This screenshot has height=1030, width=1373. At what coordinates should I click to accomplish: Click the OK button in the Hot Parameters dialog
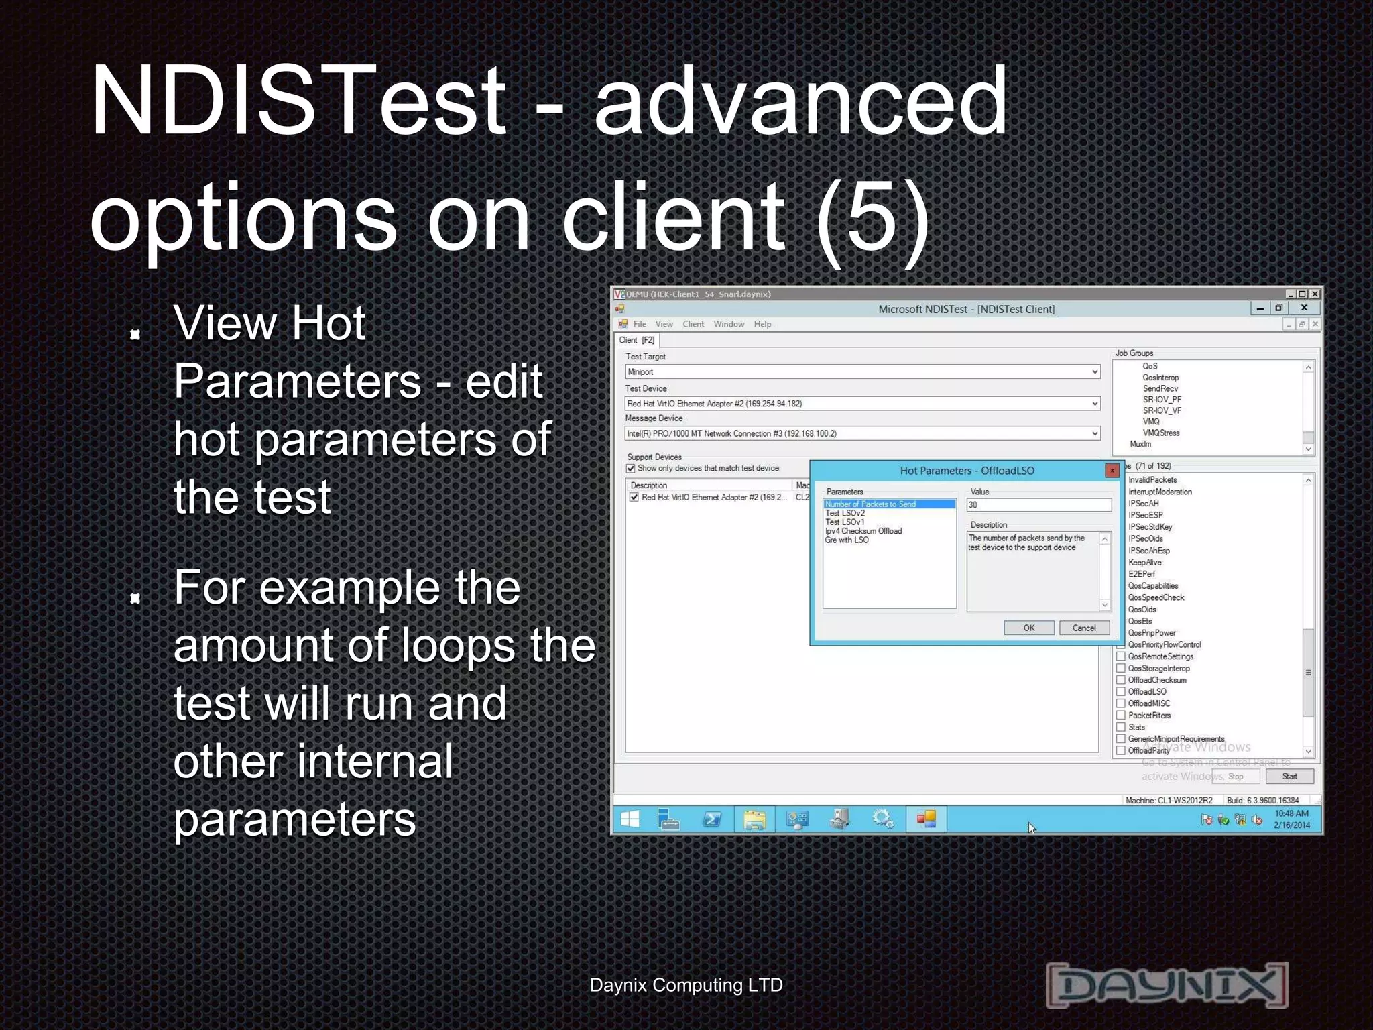click(x=1028, y=628)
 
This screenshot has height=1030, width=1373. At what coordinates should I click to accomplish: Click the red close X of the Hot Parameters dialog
click(x=1112, y=471)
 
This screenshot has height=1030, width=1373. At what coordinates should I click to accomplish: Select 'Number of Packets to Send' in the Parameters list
click(x=870, y=504)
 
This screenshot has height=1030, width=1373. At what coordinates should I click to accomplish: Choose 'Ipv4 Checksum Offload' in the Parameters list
click(x=863, y=531)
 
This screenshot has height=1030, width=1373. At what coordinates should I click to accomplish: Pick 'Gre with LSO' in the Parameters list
click(x=847, y=540)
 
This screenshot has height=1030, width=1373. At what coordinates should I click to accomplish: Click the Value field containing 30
click(x=1038, y=505)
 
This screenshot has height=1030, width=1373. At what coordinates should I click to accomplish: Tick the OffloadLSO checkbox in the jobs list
click(x=1121, y=691)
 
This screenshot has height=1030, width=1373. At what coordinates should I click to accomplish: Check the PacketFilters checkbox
click(x=1121, y=715)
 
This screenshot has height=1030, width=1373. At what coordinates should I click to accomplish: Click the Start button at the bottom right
click(x=1289, y=777)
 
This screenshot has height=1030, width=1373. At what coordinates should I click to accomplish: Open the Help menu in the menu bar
click(x=762, y=324)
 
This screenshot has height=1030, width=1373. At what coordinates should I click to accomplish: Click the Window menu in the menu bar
click(x=729, y=324)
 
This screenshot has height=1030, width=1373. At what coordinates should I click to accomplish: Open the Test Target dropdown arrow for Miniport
click(x=1094, y=371)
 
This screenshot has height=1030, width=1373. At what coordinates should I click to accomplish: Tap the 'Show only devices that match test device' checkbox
click(x=631, y=468)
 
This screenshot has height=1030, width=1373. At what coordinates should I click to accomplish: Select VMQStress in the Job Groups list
click(x=1160, y=433)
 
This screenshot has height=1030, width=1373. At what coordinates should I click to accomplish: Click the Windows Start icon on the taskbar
click(x=630, y=819)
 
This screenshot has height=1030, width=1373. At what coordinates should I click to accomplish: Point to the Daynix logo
click(x=1167, y=984)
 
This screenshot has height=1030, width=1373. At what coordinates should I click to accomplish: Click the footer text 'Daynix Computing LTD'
click(x=686, y=985)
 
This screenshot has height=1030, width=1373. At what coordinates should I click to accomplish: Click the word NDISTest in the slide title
click(x=298, y=101)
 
